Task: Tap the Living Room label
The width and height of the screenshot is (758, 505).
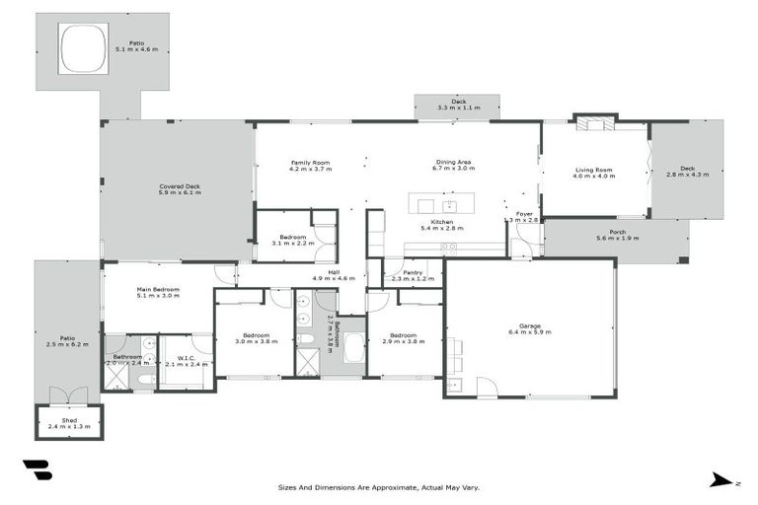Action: [594, 174]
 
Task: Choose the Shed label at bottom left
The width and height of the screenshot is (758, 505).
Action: [68, 423]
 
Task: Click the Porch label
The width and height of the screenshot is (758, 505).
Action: [618, 236]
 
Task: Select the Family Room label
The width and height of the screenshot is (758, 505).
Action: [309, 165]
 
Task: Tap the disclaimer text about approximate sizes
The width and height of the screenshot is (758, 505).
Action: [379, 486]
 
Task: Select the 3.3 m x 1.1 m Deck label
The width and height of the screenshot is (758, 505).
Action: [457, 104]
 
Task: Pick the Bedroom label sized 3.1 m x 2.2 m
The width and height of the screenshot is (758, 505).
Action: [292, 240]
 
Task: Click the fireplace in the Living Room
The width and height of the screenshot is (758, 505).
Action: [595, 124]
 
